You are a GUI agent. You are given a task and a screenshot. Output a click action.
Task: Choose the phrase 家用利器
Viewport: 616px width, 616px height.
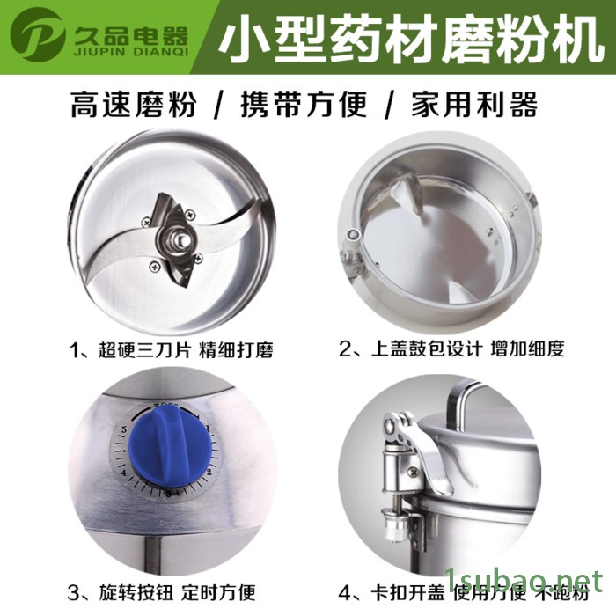(473, 107)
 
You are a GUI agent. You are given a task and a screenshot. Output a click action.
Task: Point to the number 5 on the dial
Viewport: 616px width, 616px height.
(125, 430)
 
